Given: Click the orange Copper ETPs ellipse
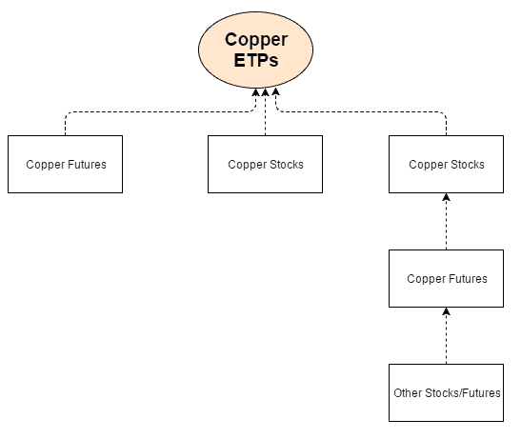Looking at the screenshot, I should coord(255,50).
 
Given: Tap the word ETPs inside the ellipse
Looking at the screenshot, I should coord(255,60).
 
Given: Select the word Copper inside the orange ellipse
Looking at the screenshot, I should coord(255,39).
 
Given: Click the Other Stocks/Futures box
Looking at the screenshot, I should coord(446,392).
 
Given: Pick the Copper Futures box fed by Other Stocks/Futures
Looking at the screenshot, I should coord(446,278).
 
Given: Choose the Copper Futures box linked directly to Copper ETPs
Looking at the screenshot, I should coord(65,164).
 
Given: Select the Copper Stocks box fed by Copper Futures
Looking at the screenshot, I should coord(446,164).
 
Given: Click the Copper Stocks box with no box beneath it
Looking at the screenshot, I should coord(265,164).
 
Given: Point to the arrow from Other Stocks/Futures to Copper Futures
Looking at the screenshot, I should coord(446,335).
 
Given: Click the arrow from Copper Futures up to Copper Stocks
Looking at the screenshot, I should coord(446,221).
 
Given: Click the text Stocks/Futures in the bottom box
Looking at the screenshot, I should coord(463,393).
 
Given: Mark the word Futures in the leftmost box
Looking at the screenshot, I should coord(86,165).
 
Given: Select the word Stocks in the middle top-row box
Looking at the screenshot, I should coord(286,165).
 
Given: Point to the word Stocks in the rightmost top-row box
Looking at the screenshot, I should coord(467,165).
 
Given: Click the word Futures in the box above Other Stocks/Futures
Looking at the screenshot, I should coord(467,279).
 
